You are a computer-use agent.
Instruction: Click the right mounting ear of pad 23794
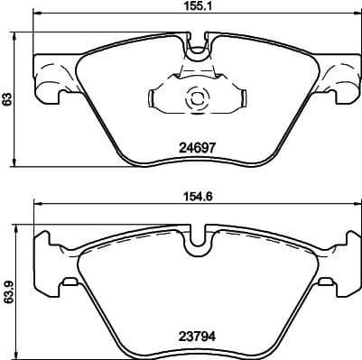tap(339, 263)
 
